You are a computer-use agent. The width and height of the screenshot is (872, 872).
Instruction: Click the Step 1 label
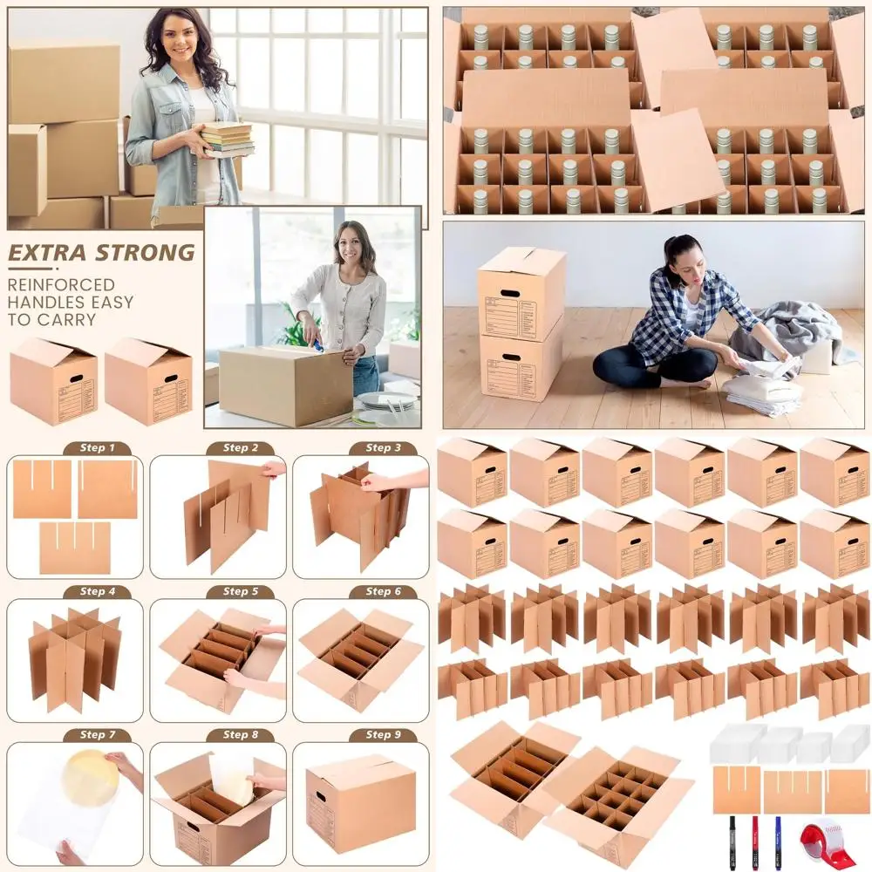pyautogui.click(x=97, y=448)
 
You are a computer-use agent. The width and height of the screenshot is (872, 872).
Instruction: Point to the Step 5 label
pyautogui.click(x=240, y=591)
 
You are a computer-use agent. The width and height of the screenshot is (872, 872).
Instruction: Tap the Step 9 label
pyautogui.click(x=383, y=734)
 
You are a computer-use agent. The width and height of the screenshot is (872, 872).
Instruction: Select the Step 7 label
pyautogui.click(x=97, y=734)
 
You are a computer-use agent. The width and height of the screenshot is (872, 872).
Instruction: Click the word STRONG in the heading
pyautogui.click(x=143, y=254)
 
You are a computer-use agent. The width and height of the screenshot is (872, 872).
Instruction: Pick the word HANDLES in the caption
pyautogui.click(x=42, y=303)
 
